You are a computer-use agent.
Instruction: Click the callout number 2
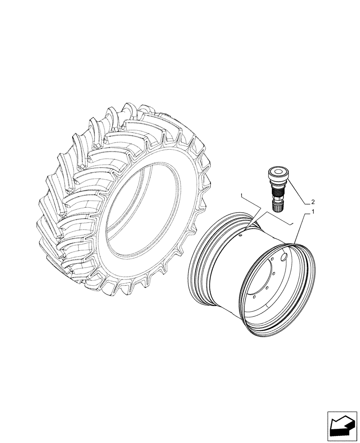313,200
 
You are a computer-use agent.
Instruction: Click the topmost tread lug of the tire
146,111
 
